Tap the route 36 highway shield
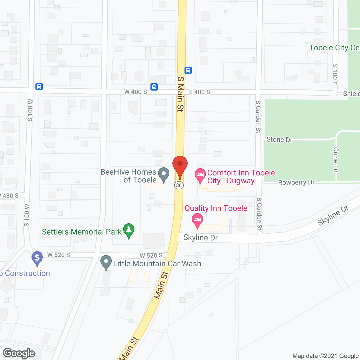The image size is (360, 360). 179,185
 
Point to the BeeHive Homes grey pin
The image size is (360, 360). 164,174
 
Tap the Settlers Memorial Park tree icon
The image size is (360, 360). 129,230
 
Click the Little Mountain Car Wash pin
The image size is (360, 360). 106,262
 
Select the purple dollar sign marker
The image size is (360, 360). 37,258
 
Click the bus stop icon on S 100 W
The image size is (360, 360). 39,86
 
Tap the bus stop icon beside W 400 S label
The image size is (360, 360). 154,87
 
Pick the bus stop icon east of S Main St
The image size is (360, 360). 188,70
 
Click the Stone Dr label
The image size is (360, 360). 279,139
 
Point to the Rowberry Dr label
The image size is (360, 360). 296,182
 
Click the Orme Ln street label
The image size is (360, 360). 336,159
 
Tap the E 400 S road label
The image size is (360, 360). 199,92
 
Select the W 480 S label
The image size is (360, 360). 10,196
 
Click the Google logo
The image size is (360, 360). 19,353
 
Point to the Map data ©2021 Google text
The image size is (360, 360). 326,356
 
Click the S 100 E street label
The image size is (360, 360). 335,74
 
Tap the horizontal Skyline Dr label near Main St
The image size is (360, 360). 201,238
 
